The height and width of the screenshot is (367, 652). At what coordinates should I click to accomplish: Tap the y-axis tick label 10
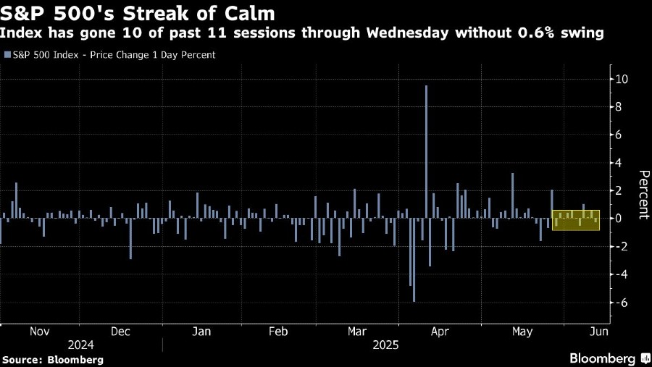[622, 79]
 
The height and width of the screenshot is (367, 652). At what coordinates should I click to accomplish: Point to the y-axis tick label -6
[620, 303]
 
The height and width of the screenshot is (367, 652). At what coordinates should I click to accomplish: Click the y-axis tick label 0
[617, 219]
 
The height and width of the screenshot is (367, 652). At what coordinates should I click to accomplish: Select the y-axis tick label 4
[617, 163]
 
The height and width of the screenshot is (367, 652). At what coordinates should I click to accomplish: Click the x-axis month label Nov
[39, 332]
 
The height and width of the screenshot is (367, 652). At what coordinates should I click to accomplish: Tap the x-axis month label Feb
[278, 332]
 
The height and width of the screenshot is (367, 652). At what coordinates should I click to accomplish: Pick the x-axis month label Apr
[440, 332]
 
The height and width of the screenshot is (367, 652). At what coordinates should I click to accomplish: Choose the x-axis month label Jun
[598, 332]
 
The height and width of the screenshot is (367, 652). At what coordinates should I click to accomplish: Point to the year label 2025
[384, 345]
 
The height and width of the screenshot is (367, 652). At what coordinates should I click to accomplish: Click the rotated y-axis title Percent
[643, 195]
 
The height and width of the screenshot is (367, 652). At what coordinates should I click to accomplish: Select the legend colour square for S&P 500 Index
[7, 55]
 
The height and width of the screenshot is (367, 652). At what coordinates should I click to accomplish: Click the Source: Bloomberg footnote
[53, 360]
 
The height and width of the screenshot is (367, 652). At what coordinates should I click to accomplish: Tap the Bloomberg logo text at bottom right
[604, 358]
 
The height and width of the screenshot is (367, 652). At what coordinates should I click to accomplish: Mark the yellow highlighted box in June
[576, 220]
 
